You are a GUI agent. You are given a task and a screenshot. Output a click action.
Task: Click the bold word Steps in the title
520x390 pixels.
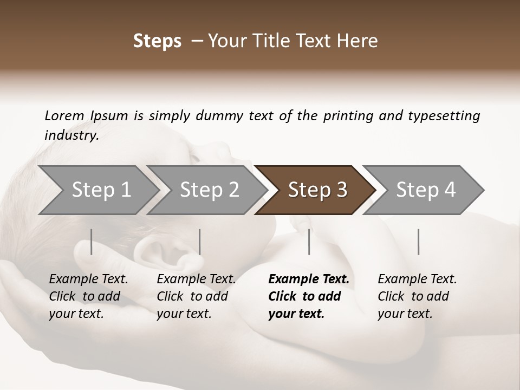pyautogui.click(x=157, y=41)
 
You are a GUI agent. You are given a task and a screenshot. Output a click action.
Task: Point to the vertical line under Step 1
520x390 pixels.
pyautogui.click(x=92, y=242)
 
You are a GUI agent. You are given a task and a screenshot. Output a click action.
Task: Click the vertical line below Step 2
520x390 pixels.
pyautogui.click(x=200, y=242)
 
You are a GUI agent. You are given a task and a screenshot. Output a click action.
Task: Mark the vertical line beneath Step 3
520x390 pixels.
pyautogui.click(x=309, y=242)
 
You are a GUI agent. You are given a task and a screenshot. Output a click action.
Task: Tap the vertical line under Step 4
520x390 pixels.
pyautogui.click(x=418, y=242)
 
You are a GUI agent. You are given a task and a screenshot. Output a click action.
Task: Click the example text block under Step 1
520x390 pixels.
pyautogui.click(x=88, y=296)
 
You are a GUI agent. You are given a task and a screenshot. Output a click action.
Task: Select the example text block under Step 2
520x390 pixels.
pyautogui.click(x=196, y=296)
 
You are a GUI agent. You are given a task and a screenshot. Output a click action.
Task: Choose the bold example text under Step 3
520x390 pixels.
pyautogui.click(x=308, y=296)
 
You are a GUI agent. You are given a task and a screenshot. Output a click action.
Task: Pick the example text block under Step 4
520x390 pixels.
pyautogui.click(x=417, y=296)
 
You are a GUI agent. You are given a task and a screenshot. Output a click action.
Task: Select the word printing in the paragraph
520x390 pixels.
pyautogui.click(x=347, y=116)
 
